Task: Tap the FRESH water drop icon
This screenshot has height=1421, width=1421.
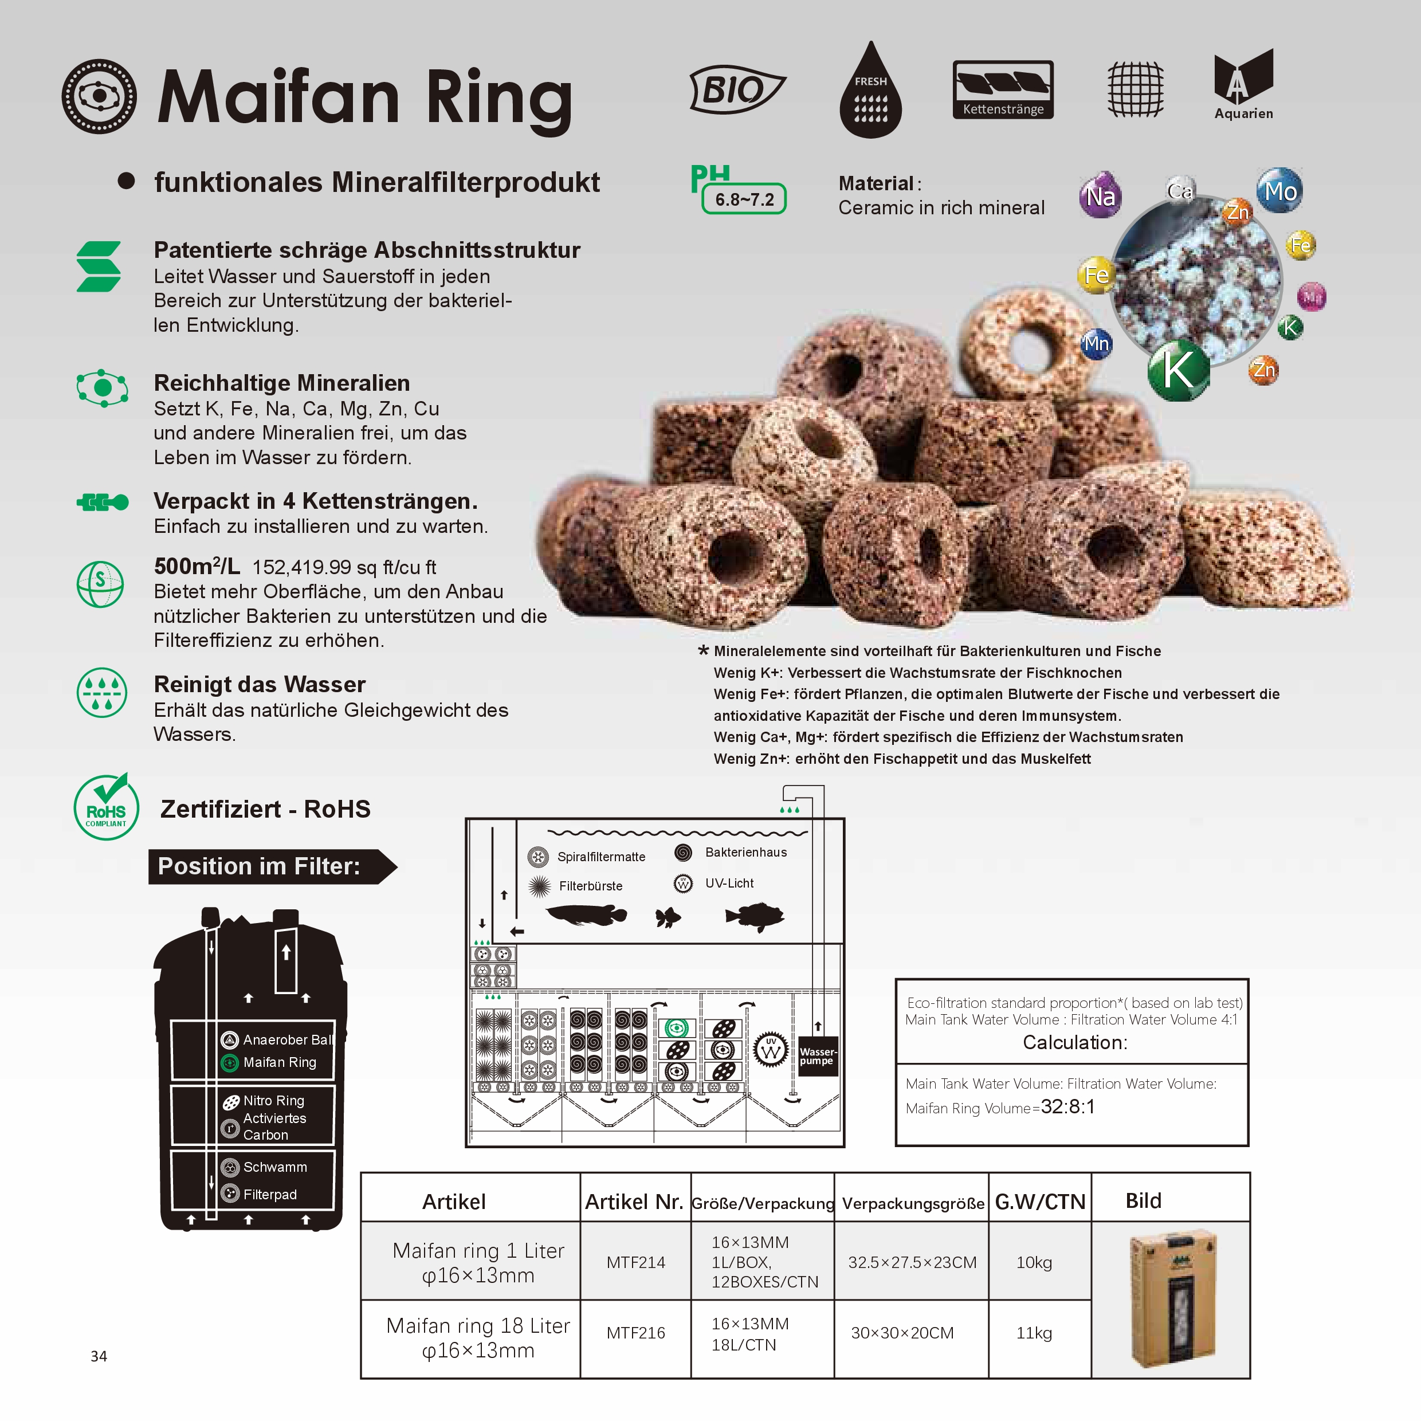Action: point(871,90)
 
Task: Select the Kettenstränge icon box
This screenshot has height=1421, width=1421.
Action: point(1003,90)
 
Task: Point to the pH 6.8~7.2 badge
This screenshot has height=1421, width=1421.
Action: point(739,190)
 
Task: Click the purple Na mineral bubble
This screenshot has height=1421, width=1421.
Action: point(1100,195)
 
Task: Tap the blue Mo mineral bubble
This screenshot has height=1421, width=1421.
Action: point(1280,190)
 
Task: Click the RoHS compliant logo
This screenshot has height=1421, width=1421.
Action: point(107,806)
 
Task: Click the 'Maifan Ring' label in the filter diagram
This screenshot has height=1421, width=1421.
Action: point(280,1062)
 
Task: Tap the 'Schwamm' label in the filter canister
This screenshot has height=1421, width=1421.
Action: point(275,1167)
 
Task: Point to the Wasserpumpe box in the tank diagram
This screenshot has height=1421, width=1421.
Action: point(818,1056)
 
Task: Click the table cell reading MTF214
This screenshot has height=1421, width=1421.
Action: point(635,1262)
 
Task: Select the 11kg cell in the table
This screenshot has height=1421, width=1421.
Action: point(1034,1333)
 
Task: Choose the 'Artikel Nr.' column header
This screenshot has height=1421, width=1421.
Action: point(634,1201)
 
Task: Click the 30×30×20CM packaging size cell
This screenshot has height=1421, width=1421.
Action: point(902,1333)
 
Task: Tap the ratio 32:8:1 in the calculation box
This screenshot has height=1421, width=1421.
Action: point(1068,1107)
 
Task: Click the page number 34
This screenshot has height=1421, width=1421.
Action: point(99,1356)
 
